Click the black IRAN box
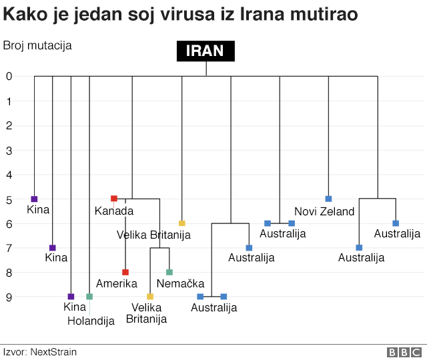click(x=205, y=51)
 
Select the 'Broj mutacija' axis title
click(x=37, y=45)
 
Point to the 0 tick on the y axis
click(x=9, y=77)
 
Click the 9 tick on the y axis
click(x=9, y=297)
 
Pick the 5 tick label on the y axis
click(x=9, y=199)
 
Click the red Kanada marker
click(x=114, y=199)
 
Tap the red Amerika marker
click(x=125, y=272)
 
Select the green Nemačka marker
click(x=169, y=272)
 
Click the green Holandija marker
click(x=89, y=297)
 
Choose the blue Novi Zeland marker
click(x=328, y=199)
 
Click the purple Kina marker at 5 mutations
click(x=34, y=199)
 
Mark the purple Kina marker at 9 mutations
click(x=71, y=297)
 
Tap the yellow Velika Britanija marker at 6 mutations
click(x=181, y=223)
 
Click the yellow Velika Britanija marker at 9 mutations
click(x=150, y=297)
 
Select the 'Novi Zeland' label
click(x=324, y=211)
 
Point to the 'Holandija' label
click(x=91, y=321)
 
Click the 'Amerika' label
click(x=117, y=284)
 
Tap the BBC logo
click(x=405, y=351)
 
